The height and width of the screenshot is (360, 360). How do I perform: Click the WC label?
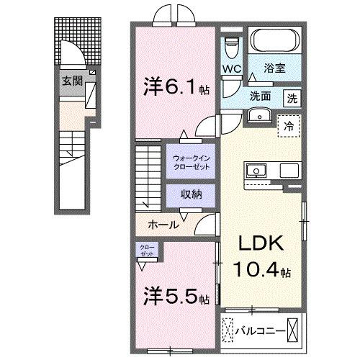230,68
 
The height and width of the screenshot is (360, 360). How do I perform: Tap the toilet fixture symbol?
231,48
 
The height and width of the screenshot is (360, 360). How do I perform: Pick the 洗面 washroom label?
261,95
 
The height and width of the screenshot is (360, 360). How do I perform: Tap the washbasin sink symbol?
258,115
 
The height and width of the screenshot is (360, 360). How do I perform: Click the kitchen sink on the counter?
256,171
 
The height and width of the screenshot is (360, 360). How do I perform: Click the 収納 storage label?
188,194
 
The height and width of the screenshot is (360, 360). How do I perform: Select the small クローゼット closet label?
147,251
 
